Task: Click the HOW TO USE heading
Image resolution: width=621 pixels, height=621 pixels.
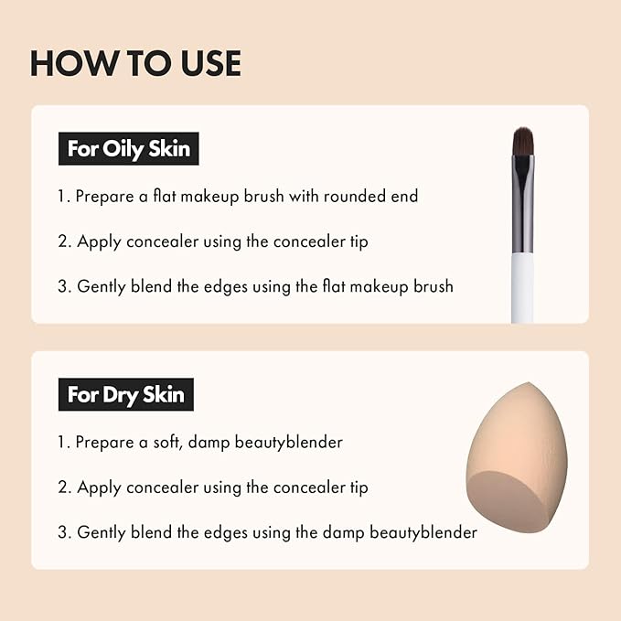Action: pyautogui.click(x=135, y=63)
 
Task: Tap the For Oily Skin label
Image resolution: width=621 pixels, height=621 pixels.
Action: pyautogui.click(x=129, y=148)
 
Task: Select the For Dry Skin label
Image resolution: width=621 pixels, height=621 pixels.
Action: pyautogui.click(x=125, y=394)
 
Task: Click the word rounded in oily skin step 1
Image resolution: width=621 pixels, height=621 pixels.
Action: pyautogui.click(x=349, y=196)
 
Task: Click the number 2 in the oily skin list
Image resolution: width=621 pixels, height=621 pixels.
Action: pyautogui.click(x=63, y=241)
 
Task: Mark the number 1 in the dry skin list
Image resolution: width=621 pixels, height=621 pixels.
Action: pyautogui.click(x=62, y=442)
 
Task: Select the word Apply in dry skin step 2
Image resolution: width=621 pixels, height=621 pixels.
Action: pyautogui.click(x=99, y=487)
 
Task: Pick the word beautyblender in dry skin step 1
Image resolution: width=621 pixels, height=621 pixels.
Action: pyautogui.click(x=290, y=442)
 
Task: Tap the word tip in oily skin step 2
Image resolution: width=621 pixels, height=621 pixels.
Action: pyautogui.click(x=358, y=241)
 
